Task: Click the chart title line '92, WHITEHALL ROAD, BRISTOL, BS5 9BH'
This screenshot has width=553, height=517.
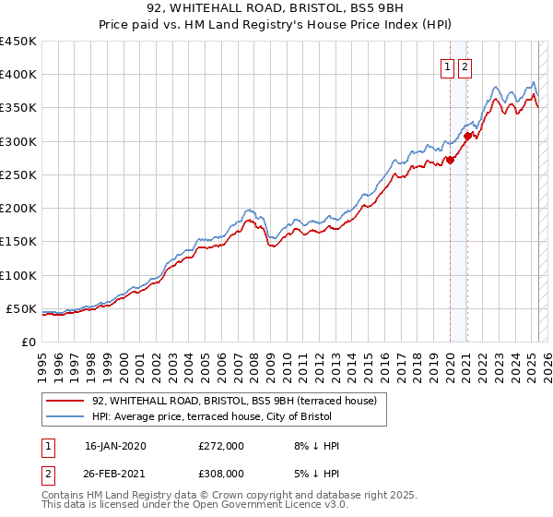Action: pos(276,10)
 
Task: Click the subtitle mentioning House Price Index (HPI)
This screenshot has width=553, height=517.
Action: pos(276,27)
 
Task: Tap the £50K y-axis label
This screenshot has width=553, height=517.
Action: pos(22,308)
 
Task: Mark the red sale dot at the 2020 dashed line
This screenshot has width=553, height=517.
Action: pos(450,160)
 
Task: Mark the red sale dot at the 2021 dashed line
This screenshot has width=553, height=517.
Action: pos(467,136)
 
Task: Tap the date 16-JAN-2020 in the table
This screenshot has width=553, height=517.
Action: pos(115,446)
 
